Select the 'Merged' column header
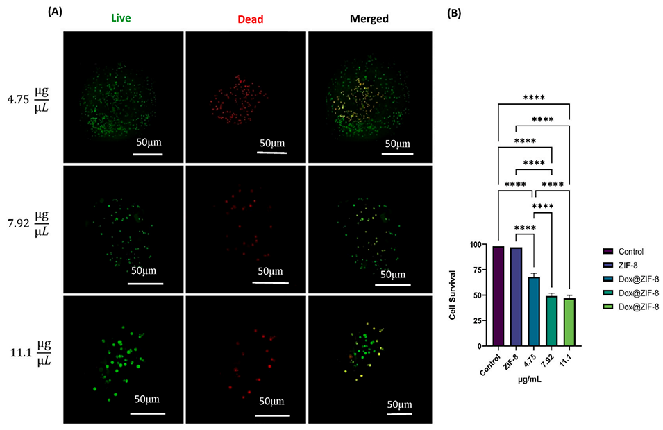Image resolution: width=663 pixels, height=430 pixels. click(369, 19)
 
